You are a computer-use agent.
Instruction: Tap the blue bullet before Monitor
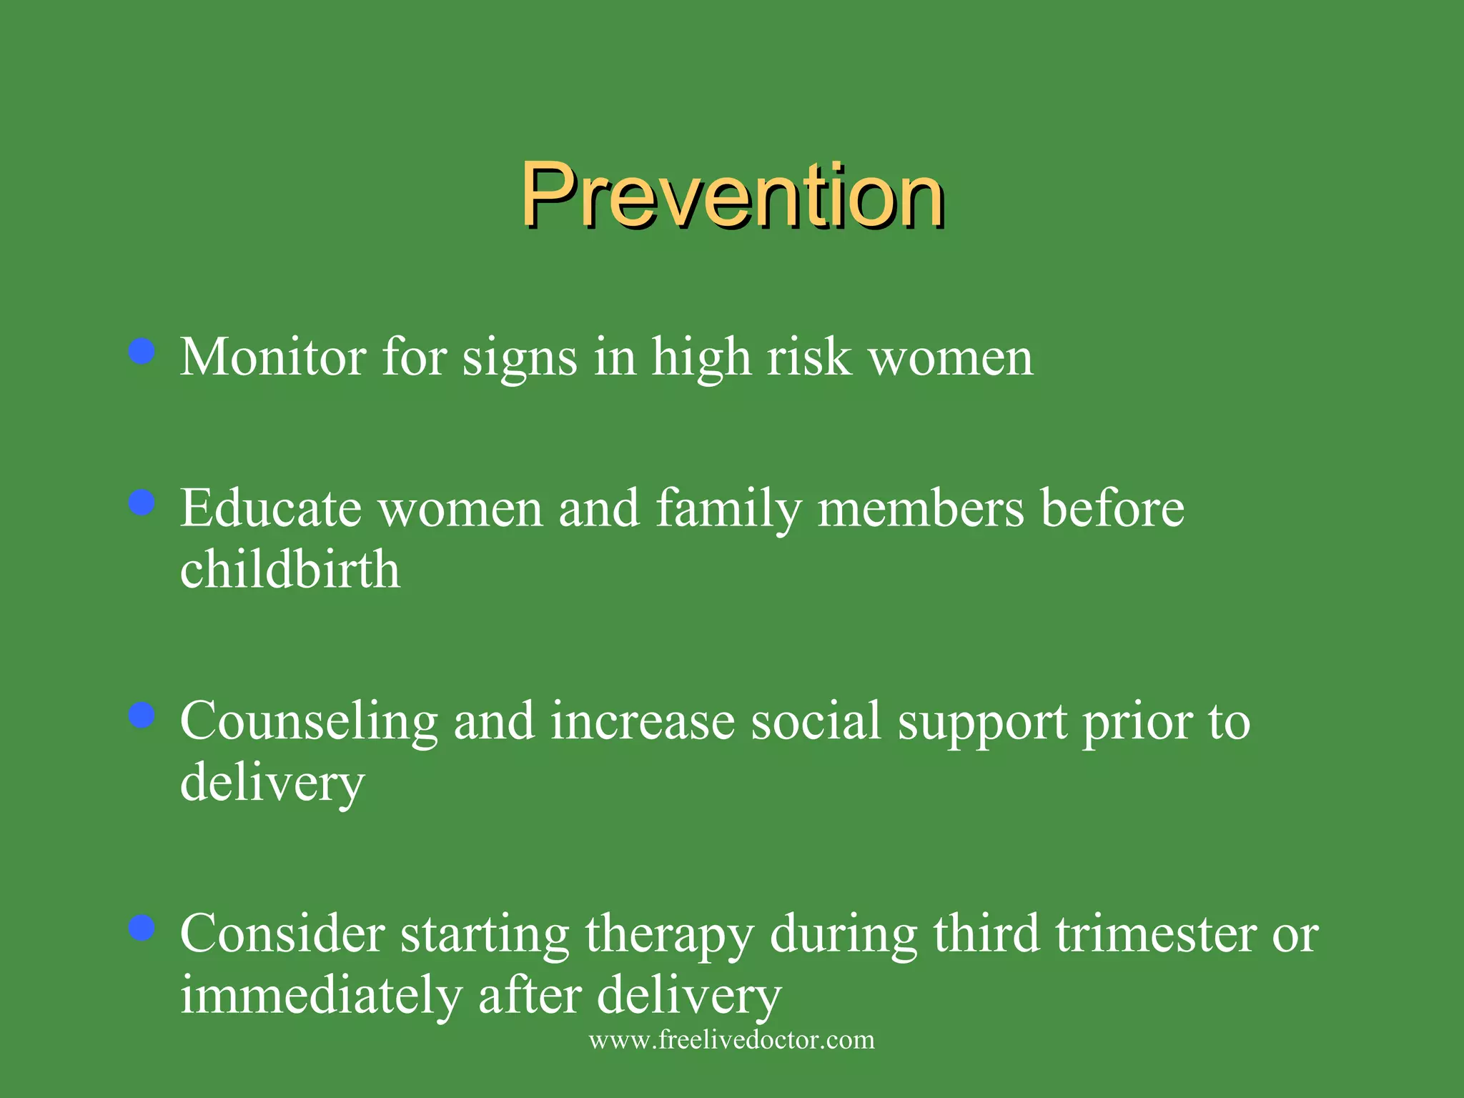point(142,352)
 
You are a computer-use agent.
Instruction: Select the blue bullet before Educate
point(142,503)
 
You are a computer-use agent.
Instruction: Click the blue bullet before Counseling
point(142,716)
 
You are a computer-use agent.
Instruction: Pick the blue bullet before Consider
point(142,928)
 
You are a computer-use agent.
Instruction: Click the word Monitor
point(273,357)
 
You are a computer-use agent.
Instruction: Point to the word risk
point(809,357)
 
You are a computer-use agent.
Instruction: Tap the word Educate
point(271,508)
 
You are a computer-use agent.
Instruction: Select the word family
point(728,510)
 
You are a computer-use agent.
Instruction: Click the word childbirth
point(290,570)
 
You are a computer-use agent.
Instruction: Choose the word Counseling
point(309,722)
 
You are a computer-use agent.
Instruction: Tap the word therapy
point(669,936)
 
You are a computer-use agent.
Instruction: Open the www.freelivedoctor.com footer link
point(732,1039)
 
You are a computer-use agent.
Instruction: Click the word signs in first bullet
point(520,358)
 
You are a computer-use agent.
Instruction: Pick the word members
point(921,508)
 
